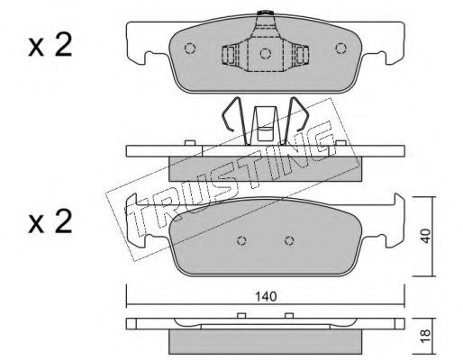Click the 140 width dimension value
click(266, 296)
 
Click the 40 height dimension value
click(425, 236)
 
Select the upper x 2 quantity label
click(50, 45)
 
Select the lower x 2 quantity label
click(50, 222)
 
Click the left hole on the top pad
click(190, 49)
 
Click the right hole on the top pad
click(340, 49)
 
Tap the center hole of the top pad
click(266, 53)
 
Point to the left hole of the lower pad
click(241, 240)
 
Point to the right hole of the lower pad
click(289, 240)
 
